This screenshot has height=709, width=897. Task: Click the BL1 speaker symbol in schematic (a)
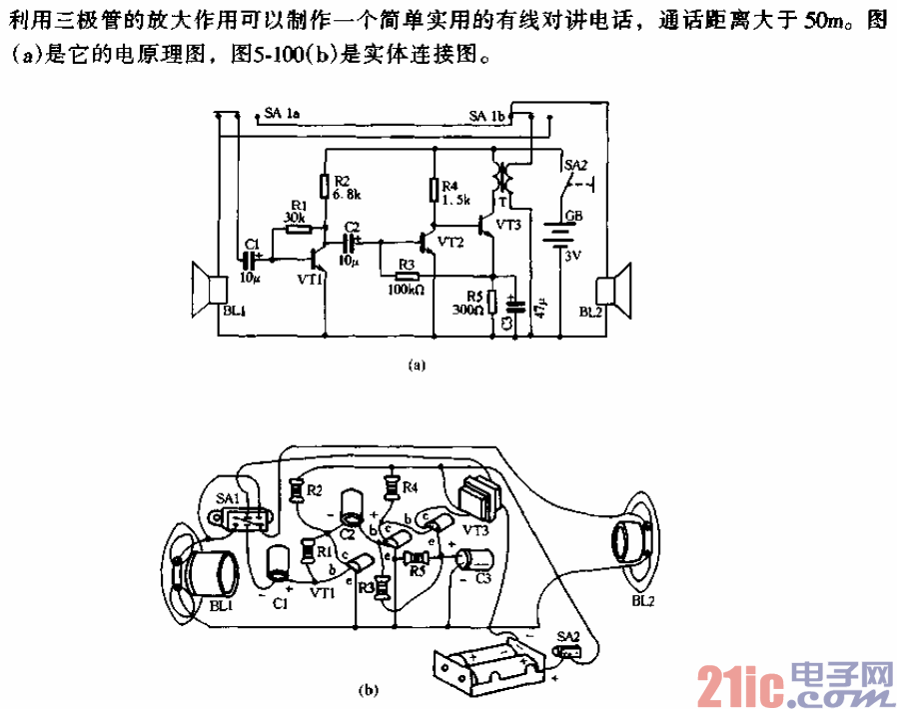click(210, 290)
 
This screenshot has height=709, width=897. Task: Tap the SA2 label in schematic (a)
click(576, 165)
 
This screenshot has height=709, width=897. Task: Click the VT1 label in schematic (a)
click(310, 280)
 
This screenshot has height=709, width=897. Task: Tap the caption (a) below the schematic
click(419, 365)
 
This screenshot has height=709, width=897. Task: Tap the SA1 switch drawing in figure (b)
click(242, 520)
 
